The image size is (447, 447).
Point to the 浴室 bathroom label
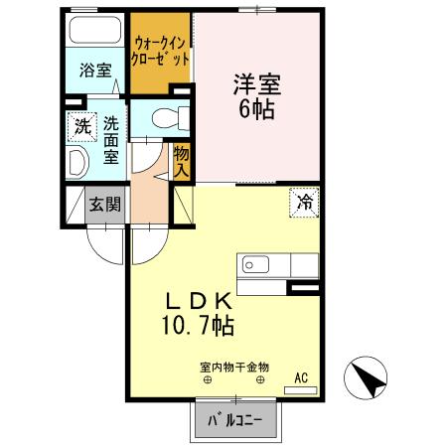95,70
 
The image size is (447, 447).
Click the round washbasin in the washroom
76,163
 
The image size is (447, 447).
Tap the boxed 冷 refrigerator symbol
303,201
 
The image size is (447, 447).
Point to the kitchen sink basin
251,266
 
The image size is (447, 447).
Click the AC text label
301,377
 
